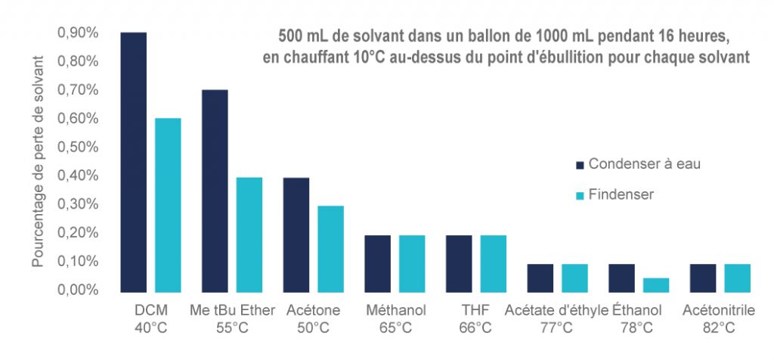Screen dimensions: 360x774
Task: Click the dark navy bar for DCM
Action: (x=133, y=162)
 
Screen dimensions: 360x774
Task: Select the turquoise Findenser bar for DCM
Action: (x=168, y=204)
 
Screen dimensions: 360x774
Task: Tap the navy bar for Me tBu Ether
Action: (x=215, y=190)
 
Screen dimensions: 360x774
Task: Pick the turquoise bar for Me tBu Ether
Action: (x=249, y=234)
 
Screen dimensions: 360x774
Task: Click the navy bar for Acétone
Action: (x=296, y=234)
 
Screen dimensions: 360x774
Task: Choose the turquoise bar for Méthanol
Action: (x=412, y=263)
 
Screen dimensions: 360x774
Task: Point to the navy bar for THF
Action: (x=460, y=263)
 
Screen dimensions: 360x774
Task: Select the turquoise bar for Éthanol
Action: (x=656, y=284)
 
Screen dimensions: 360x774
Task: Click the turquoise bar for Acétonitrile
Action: (x=737, y=278)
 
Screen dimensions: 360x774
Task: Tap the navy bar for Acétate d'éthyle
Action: (x=540, y=278)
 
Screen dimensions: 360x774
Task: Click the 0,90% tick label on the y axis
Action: (x=78, y=33)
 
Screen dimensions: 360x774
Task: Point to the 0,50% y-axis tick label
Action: (x=78, y=147)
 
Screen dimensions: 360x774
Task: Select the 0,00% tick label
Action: (x=78, y=290)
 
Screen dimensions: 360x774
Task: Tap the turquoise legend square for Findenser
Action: (x=580, y=195)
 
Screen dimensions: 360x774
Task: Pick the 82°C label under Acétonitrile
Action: (x=717, y=327)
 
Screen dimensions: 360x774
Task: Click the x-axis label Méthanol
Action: (x=395, y=310)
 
